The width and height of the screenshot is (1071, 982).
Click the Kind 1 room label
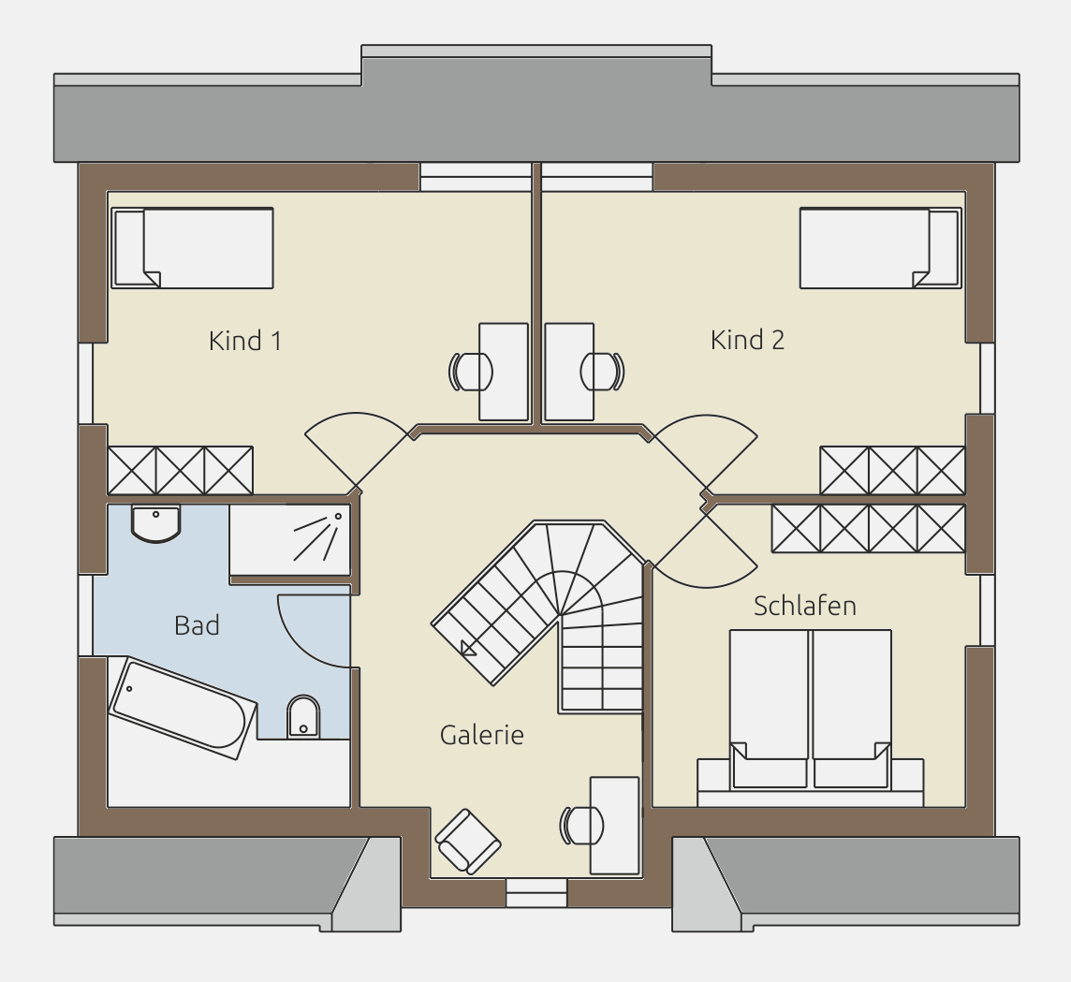point(245,340)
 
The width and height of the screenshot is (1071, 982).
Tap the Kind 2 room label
point(747,340)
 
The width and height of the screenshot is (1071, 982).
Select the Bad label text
point(197,625)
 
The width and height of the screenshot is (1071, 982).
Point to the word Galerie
point(481,735)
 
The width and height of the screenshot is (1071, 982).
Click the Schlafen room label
point(804,606)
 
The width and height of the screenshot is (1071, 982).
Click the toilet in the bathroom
point(303,717)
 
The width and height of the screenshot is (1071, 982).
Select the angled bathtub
point(183,708)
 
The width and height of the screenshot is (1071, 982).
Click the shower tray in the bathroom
point(289,540)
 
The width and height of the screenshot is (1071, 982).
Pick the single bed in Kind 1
point(193,248)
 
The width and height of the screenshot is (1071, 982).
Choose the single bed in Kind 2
point(881,248)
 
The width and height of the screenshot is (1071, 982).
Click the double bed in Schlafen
point(810,711)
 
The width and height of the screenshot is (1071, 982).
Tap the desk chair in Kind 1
point(470,372)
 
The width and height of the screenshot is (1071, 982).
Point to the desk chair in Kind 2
point(603,372)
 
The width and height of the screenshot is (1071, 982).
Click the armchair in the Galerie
point(468,842)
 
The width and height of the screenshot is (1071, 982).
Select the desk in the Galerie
point(615,825)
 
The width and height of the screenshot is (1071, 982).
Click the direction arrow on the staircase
point(468,649)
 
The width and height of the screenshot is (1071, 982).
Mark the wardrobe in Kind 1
point(181,471)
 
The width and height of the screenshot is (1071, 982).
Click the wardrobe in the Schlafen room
point(868,528)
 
